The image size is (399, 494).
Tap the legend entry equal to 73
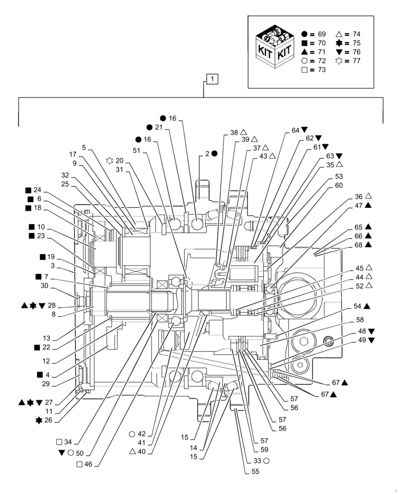coord(314,70)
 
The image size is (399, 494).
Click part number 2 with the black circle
coord(210,154)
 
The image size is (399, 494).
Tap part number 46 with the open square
coord(88,464)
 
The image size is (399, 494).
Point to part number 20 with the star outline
coord(116,160)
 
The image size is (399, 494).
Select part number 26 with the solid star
coord(46,420)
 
